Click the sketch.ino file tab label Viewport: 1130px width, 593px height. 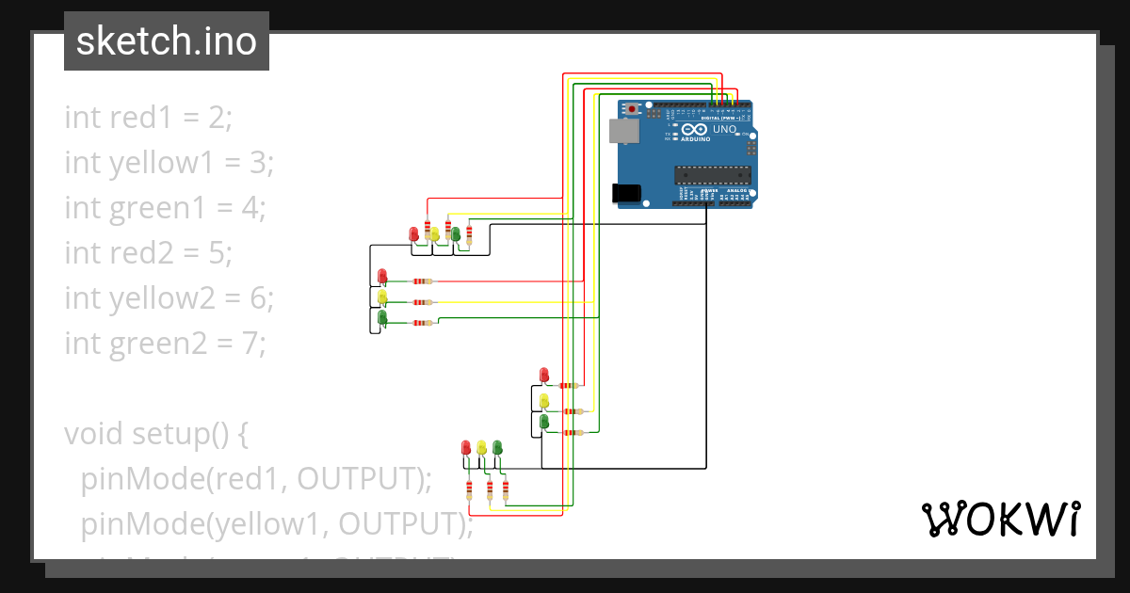[x=166, y=41]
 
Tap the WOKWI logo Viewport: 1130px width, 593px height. [x=999, y=519]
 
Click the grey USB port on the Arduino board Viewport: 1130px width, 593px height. [x=623, y=131]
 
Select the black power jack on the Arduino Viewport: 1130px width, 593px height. [x=626, y=193]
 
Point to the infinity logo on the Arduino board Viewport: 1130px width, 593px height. [x=694, y=130]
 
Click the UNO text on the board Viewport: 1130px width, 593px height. [x=724, y=129]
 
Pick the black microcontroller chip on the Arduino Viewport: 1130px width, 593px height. [x=712, y=174]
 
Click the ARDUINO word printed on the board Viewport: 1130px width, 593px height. [x=694, y=140]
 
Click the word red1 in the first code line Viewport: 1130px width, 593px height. [x=141, y=118]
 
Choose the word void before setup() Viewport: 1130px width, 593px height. [x=94, y=434]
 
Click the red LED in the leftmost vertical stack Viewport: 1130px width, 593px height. [x=381, y=276]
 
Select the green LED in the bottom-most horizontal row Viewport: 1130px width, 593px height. [x=497, y=447]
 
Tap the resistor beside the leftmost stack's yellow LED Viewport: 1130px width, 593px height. [x=423, y=302]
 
